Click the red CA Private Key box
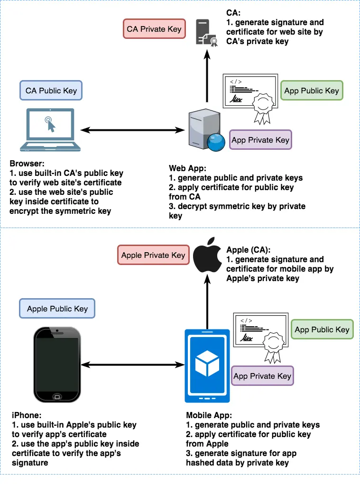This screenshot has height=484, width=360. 154,29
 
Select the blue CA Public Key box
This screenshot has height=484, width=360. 51,90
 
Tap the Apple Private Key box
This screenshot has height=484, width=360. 153,255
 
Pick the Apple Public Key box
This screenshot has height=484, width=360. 57,308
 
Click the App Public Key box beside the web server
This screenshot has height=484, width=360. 312,91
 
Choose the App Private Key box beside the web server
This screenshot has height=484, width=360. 260,140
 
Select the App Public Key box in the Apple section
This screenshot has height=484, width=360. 322,329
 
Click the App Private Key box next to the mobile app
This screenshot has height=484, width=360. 262,376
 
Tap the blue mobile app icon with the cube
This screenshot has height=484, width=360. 206,365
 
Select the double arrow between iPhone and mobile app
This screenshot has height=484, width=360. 132,365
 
